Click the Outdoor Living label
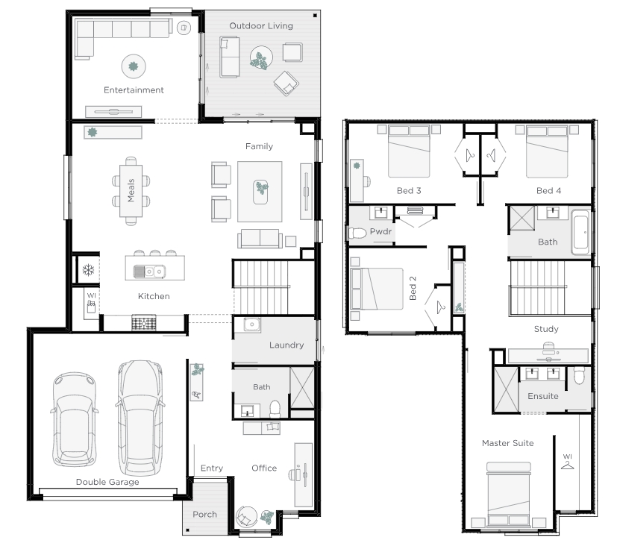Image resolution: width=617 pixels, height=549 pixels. tap(261, 26)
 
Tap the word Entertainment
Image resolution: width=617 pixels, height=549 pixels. tap(134, 90)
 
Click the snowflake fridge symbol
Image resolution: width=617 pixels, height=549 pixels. tap(88, 270)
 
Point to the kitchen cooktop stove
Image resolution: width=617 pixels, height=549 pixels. tap(144, 323)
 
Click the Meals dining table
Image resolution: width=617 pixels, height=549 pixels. tap(131, 191)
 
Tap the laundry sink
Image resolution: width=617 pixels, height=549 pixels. tap(251, 324)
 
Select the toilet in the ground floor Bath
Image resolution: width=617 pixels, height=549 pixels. tap(275, 409)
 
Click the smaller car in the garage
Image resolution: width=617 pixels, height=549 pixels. tap(75, 419)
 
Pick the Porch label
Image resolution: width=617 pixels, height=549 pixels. tap(204, 515)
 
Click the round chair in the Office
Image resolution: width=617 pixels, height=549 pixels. tap(246, 517)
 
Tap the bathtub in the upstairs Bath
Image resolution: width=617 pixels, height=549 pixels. tap(580, 232)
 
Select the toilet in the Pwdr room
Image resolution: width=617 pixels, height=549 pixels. tap(357, 233)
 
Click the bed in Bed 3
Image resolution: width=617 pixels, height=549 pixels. tap(408, 151)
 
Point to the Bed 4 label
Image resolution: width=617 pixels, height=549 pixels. tap(548, 191)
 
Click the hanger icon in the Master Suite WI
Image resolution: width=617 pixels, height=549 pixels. tap(568, 465)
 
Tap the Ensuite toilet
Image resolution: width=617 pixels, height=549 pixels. tap(579, 375)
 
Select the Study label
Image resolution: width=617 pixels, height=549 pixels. tap(546, 329)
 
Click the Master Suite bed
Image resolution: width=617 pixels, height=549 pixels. tap(508, 495)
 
